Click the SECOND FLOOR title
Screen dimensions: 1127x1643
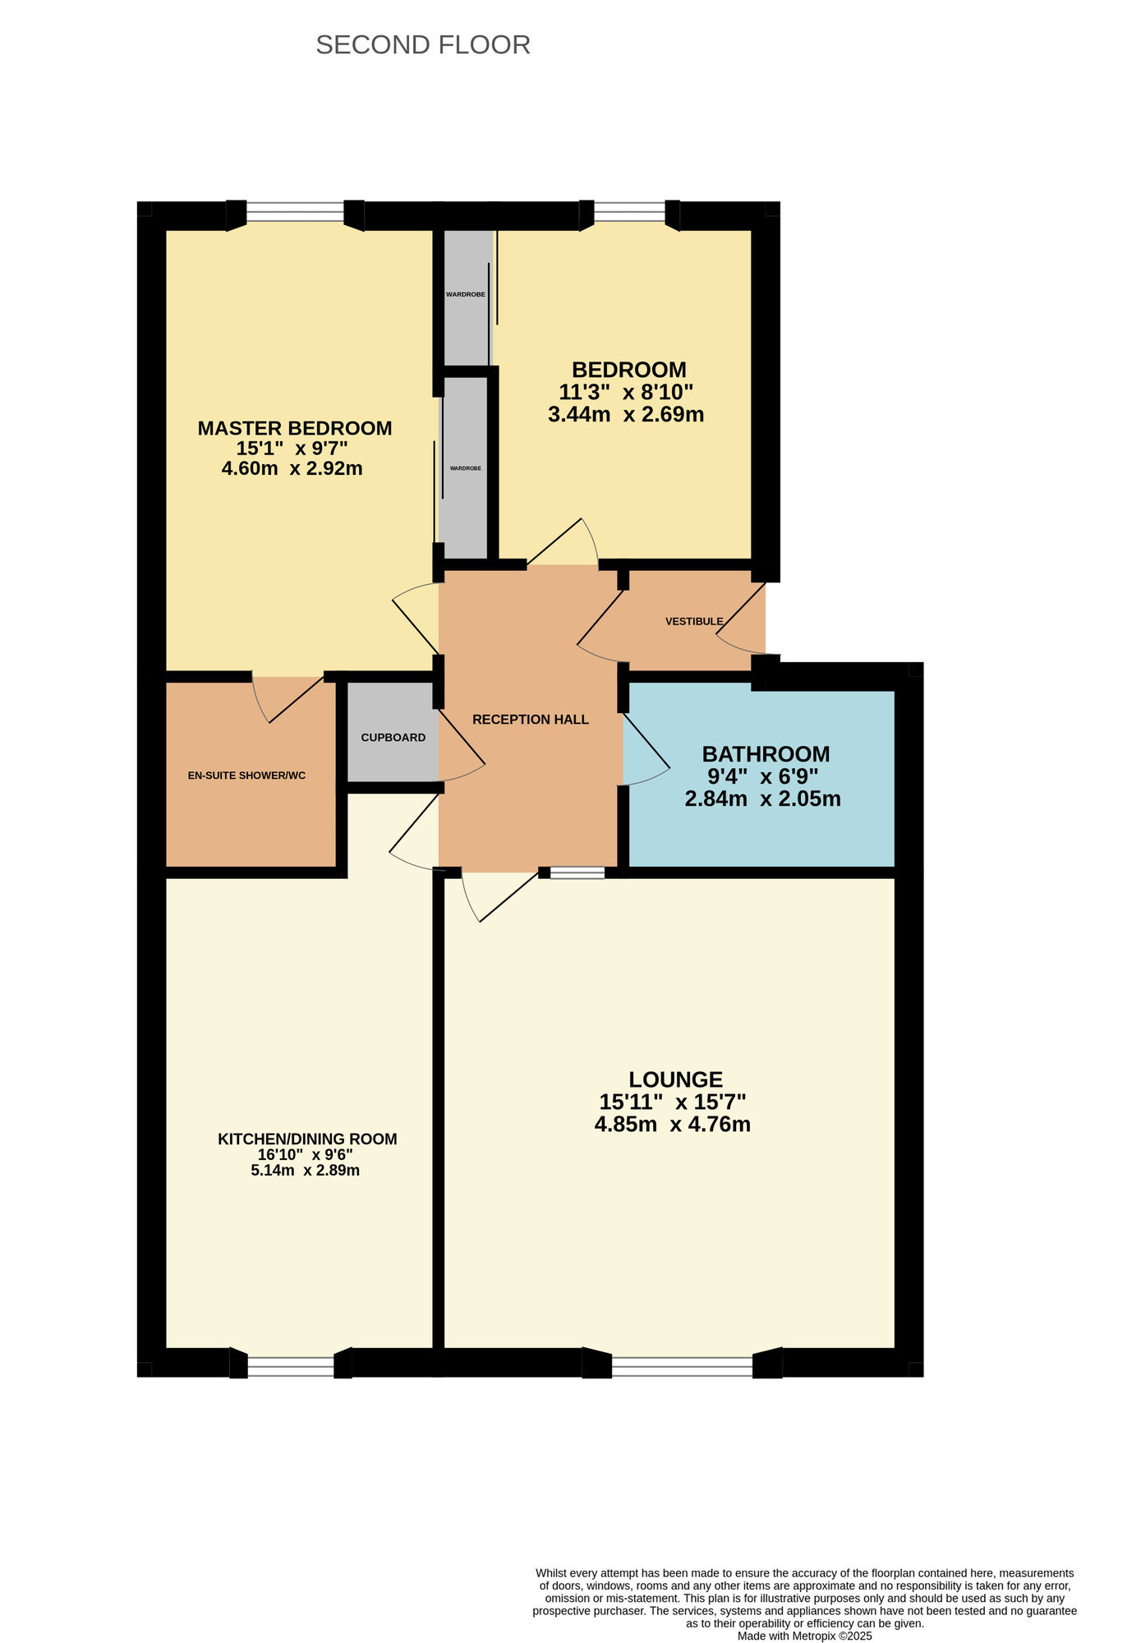[423, 44]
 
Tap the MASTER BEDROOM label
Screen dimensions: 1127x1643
[295, 428]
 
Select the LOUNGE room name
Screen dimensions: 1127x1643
[676, 1079]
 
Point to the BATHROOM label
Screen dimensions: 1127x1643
[766, 754]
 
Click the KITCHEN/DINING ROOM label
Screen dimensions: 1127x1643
[307, 1139]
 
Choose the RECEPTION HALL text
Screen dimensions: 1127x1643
[531, 720]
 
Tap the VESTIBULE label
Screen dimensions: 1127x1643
[694, 622]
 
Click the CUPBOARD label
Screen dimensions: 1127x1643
[393, 738]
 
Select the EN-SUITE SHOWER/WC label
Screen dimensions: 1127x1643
[246, 775]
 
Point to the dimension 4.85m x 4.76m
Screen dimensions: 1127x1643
[673, 1124]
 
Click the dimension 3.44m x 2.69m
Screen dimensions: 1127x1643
[626, 414]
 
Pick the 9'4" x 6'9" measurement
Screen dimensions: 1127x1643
[763, 776]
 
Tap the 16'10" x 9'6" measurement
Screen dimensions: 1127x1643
[306, 1154]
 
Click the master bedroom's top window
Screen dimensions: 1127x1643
[295, 213]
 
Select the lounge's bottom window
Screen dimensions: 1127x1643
[682, 1366]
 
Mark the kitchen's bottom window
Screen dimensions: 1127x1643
[291, 1366]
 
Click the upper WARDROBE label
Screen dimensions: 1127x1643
[466, 294]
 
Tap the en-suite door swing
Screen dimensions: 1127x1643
[287, 700]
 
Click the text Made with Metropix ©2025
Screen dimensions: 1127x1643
[805, 1636]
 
